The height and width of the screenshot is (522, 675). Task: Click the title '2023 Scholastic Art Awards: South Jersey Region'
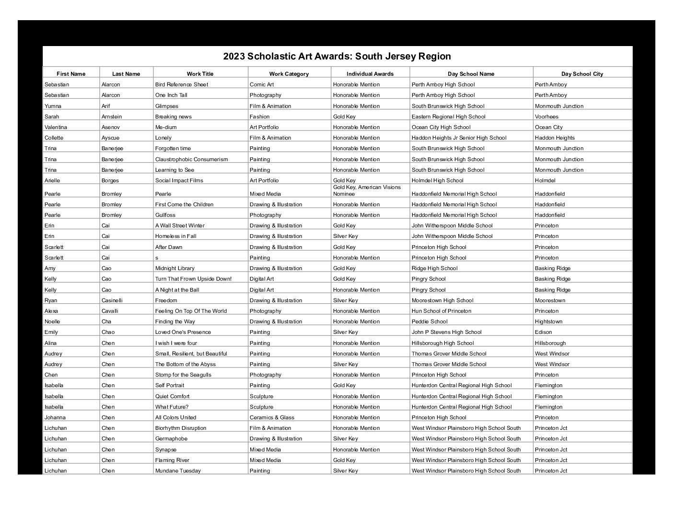pos(337,57)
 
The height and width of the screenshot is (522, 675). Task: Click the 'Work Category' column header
pos(289,74)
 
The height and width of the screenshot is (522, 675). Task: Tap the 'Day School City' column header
pos(582,74)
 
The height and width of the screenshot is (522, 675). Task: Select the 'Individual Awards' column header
pos(370,74)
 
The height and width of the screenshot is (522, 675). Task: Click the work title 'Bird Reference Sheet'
pos(182,84)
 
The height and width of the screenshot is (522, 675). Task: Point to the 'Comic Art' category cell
pos(262,84)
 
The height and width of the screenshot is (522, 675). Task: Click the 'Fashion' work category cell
pos(259,117)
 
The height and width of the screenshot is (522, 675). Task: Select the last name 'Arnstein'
pos(112,117)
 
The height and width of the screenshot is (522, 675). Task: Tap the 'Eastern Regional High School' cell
pos(448,117)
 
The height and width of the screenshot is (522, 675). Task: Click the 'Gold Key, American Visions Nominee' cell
pos(367,190)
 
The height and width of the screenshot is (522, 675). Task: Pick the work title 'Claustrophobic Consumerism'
pos(191,159)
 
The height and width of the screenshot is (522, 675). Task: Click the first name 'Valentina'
pos(56,127)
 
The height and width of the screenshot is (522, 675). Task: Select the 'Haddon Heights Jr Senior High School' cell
pos(459,138)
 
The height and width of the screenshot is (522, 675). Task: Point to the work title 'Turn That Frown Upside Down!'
pos(193,279)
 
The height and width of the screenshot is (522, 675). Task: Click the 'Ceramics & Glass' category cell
pos(272,417)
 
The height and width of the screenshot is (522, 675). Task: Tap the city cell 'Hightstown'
pos(548,321)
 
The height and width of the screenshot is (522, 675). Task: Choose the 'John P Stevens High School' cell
pos(446,332)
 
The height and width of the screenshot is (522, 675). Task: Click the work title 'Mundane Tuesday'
pos(178,471)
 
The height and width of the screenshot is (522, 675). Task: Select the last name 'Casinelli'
pos(112,300)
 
